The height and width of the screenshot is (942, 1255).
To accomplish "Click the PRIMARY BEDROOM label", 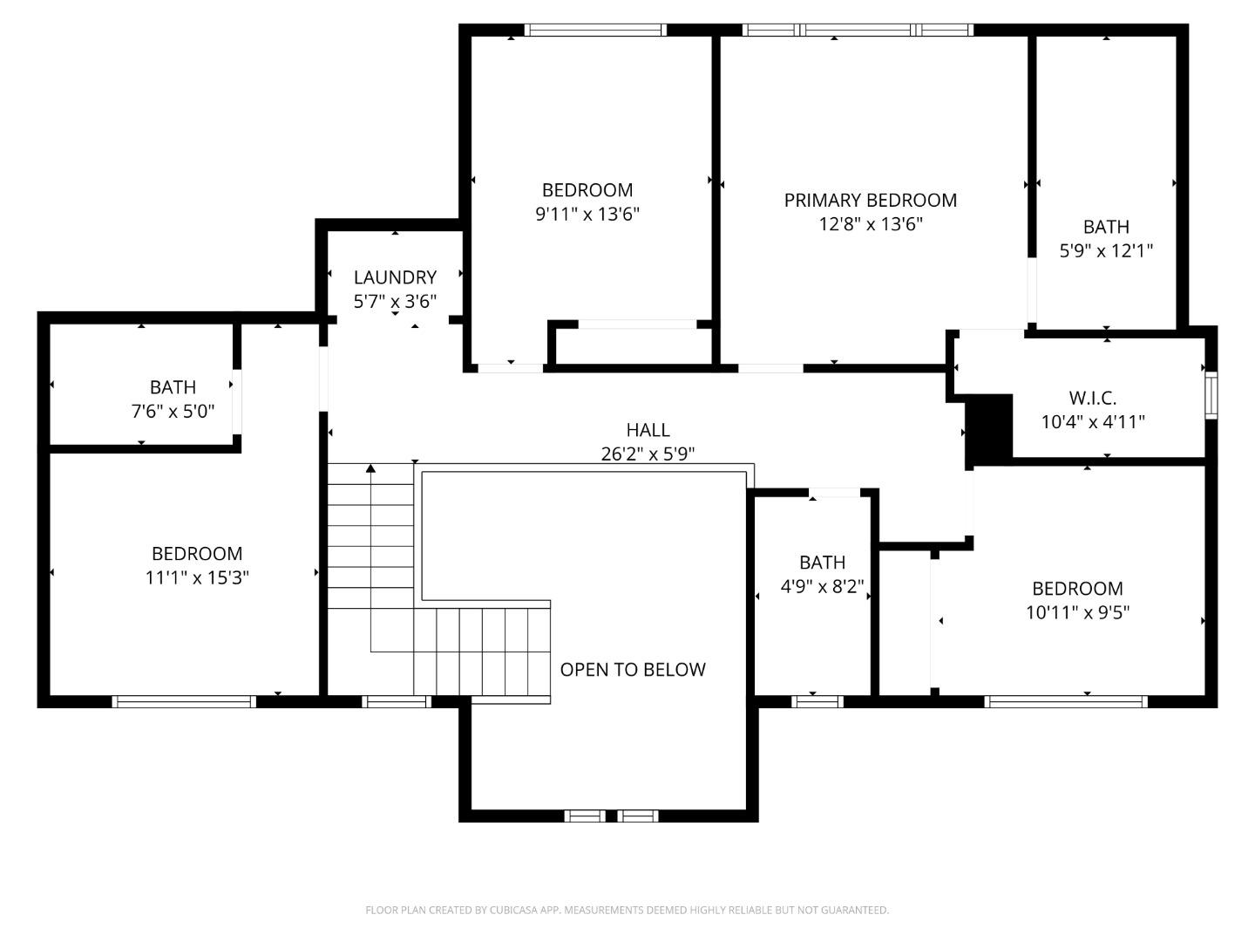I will click(870, 201).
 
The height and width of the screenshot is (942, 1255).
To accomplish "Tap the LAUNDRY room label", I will click(395, 277).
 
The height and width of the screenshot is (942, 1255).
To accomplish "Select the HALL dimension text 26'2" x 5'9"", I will click(648, 454).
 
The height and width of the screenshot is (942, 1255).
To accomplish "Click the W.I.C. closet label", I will click(1092, 398).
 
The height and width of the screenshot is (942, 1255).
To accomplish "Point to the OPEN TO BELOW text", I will click(632, 670).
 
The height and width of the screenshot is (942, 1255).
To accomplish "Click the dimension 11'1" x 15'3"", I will click(197, 577).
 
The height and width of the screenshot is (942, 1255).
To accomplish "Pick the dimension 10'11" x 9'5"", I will click(1077, 612).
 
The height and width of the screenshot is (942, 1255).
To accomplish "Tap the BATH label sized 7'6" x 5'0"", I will click(173, 386).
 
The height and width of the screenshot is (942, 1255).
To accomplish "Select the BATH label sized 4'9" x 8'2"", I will click(822, 563).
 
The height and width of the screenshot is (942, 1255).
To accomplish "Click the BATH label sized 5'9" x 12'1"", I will click(1106, 227).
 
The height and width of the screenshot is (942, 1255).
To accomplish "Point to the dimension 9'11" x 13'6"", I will click(587, 214).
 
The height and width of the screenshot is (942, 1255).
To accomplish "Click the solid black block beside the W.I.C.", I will click(989, 430).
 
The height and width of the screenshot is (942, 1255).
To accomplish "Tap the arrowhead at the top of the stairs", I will click(370, 469).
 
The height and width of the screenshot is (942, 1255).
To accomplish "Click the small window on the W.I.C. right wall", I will click(1211, 395).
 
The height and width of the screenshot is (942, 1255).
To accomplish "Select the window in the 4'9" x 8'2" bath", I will click(817, 701).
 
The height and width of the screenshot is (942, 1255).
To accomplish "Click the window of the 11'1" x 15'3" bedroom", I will click(183, 701).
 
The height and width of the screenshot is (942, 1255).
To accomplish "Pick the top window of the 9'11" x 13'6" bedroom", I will click(595, 30).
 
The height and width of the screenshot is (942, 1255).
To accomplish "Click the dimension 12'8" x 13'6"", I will click(870, 224).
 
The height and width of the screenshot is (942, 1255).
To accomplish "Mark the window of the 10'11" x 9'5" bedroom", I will click(1066, 701).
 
